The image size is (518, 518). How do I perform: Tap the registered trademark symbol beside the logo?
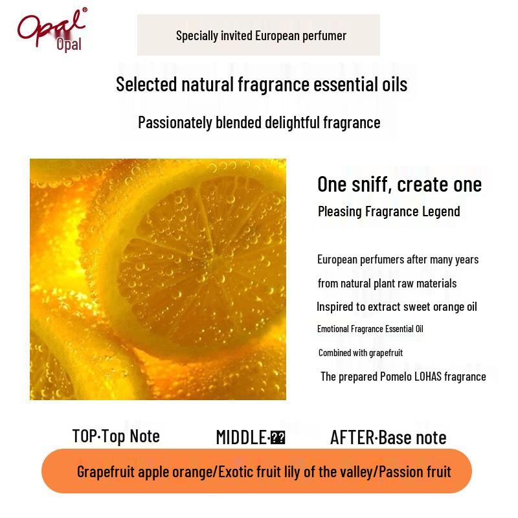(x=84, y=10)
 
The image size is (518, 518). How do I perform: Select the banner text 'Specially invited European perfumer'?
(x=261, y=36)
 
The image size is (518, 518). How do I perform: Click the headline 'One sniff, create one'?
(x=400, y=185)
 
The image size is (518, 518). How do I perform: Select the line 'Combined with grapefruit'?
(x=361, y=353)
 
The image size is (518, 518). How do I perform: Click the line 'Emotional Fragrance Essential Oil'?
(x=370, y=329)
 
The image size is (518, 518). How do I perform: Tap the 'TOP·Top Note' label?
(x=116, y=436)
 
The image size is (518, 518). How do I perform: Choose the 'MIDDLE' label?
(x=240, y=438)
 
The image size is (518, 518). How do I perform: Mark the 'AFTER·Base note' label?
(x=388, y=438)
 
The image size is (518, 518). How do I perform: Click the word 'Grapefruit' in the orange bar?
(x=106, y=471)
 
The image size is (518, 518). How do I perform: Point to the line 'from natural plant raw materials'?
(x=387, y=284)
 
